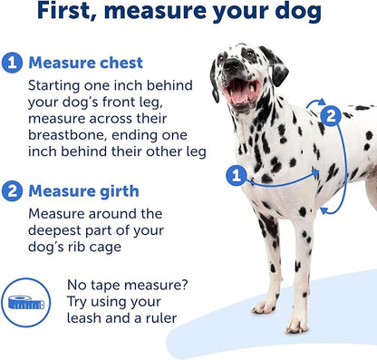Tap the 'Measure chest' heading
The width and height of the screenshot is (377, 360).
85,63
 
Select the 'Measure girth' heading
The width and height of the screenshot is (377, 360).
83,191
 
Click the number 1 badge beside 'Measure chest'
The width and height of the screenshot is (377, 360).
13,63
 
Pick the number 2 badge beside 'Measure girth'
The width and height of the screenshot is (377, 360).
13,191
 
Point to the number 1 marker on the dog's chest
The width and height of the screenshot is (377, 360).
237,175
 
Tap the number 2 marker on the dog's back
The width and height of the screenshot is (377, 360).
331,115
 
